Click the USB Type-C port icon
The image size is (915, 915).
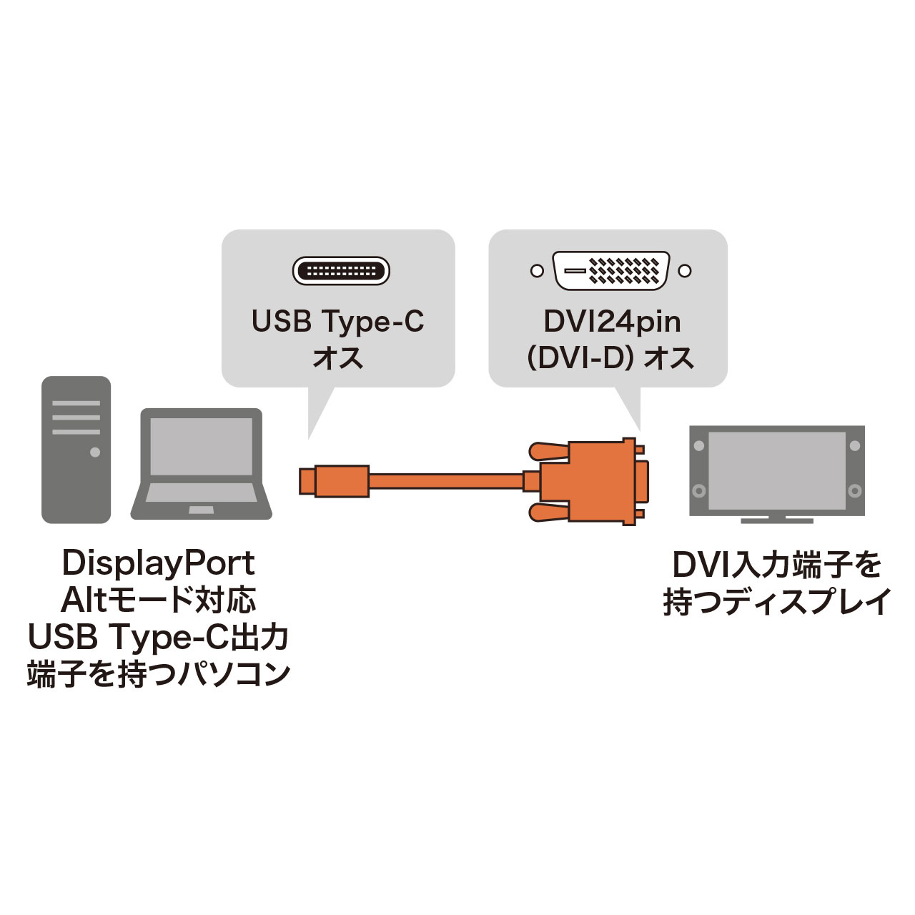point(341,271)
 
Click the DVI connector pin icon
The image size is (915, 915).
point(611,271)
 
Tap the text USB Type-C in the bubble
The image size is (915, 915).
point(337,322)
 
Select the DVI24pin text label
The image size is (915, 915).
point(612,322)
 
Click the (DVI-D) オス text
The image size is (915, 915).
point(610,357)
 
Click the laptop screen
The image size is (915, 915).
point(201,446)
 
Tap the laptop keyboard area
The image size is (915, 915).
point(201,493)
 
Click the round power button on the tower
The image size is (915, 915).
point(94,452)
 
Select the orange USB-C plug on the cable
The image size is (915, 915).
point(334,480)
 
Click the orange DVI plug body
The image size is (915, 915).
point(593,481)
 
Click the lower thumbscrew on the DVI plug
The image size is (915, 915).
point(549,511)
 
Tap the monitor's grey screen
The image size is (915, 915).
point(776,470)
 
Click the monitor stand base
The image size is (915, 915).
point(776,520)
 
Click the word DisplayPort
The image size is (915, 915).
point(158,563)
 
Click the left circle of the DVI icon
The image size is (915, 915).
point(537,271)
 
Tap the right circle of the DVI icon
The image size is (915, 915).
point(685,271)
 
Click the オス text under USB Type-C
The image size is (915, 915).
point(337,357)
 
